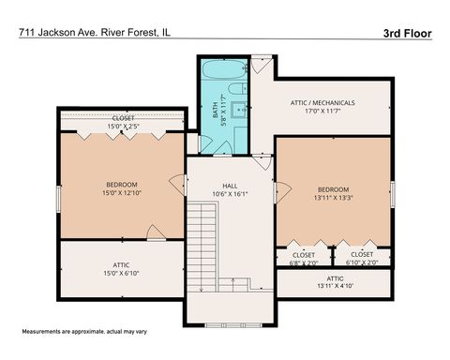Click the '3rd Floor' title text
(x=407, y=32)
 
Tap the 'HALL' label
(x=229, y=186)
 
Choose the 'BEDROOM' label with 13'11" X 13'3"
(x=332, y=189)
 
